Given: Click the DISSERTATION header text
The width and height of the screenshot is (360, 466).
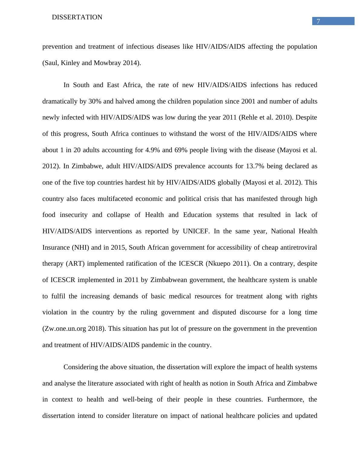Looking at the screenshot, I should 77,18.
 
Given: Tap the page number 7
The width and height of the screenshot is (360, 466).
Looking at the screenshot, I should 318,21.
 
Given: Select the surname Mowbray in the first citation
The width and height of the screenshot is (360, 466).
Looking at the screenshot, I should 107,63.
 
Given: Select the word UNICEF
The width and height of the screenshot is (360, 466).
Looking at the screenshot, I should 196,231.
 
